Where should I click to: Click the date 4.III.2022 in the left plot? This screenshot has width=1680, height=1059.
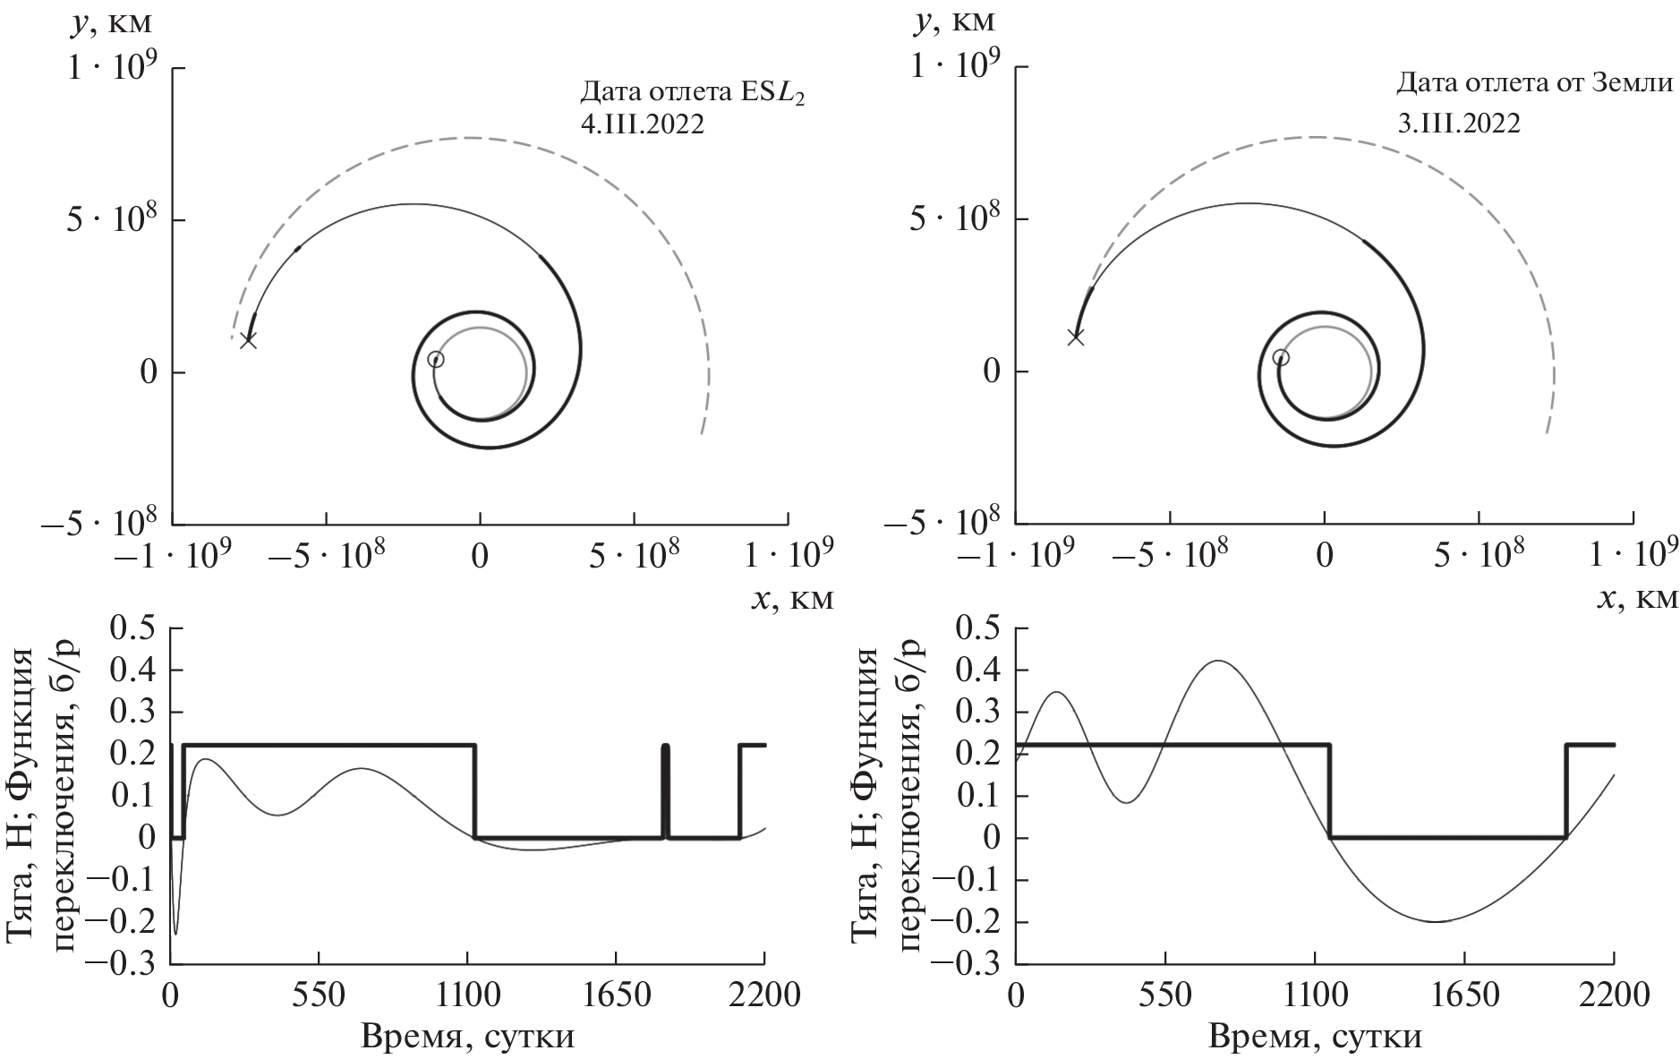pyautogui.click(x=642, y=124)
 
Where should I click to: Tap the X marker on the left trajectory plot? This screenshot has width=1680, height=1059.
pyautogui.click(x=248, y=340)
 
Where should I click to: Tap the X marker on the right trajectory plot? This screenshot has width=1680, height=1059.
pyautogui.click(x=1075, y=337)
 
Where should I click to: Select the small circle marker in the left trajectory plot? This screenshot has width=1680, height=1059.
pyautogui.click(x=435, y=359)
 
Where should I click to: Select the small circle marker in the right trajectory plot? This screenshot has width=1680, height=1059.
pyautogui.click(x=1281, y=357)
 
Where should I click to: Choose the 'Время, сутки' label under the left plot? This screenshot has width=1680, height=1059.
pyautogui.click(x=467, y=1038)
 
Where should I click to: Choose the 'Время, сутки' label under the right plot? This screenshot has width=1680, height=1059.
pyautogui.click(x=1315, y=1038)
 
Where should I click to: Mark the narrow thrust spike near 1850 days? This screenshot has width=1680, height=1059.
pyautogui.click(x=665, y=788)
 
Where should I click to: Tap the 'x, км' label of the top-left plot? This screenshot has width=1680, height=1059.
pyautogui.click(x=792, y=599)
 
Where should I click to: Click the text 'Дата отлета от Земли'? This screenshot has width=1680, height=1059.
pyautogui.click(x=1534, y=85)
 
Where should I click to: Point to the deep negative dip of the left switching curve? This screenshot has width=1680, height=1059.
pyautogui.click(x=175, y=933)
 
